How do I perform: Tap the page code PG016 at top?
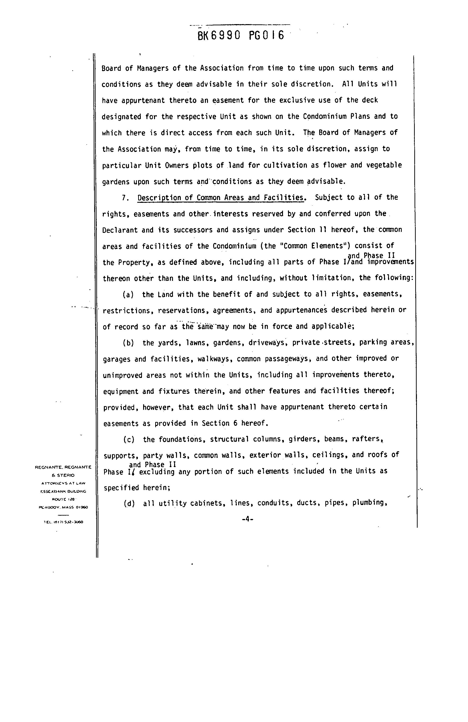click(x=267, y=36)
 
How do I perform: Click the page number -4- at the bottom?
click(x=247, y=519)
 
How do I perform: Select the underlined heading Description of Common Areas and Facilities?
click(x=220, y=198)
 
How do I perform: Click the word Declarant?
click(x=120, y=230)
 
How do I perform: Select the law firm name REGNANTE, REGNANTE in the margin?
click(x=63, y=467)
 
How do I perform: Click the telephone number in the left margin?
click(x=63, y=522)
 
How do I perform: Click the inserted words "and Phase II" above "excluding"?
click(x=153, y=465)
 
